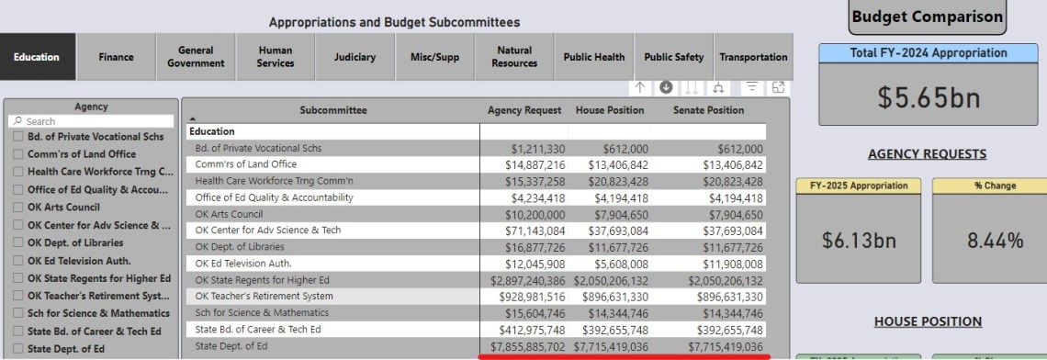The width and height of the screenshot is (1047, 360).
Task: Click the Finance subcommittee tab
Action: pyautogui.click(x=116, y=57)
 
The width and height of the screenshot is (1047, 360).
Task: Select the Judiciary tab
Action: pyautogui.click(x=355, y=57)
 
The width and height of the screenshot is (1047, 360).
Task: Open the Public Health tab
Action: pyautogui.click(x=593, y=57)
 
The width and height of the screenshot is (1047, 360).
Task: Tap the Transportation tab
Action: pyautogui.click(x=753, y=57)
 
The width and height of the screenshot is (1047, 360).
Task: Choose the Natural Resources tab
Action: pyautogui.click(x=514, y=57)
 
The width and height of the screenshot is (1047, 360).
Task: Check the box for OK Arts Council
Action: pyautogui.click(x=19, y=208)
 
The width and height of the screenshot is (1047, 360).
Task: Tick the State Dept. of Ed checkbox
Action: pyautogui.click(x=19, y=348)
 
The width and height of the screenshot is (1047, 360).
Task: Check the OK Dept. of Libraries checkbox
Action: pyautogui.click(x=19, y=242)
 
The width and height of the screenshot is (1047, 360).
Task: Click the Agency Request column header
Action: pyautogui.click(x=523, y=110)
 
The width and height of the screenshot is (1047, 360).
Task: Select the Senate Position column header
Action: pyautogui.click(x=708, y=110)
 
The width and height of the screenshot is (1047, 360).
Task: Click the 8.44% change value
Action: pyautogui.click(x=989, y=242)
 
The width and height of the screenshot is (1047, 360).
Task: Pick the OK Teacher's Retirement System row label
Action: pyautogui.click(x=252, y=297)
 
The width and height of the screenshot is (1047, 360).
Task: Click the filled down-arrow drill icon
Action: pyautogui.click(x=666, y=87)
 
